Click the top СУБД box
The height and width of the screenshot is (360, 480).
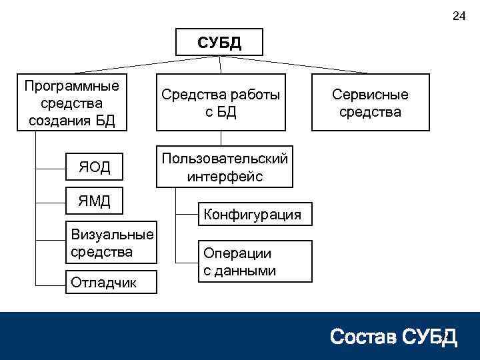pos(219,43)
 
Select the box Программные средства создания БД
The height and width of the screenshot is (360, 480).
pos(71,103)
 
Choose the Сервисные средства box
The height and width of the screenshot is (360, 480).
pos(370,103)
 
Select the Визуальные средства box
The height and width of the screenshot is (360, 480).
pos(112,243)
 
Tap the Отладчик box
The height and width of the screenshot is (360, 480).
pos(112,282)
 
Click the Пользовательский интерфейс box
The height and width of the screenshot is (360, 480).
pos(225,167)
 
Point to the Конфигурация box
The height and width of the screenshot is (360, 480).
pos(253,214)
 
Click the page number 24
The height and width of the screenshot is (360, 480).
pos(459,16)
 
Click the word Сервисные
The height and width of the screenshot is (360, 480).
pos(370,95)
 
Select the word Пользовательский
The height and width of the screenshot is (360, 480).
pos(225,159)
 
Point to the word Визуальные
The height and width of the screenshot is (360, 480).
pos(112,235)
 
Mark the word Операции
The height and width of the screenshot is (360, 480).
pos(237,253)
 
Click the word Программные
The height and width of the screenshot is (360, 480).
pos(71,86)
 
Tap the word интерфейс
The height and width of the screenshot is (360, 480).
pos(225,176)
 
